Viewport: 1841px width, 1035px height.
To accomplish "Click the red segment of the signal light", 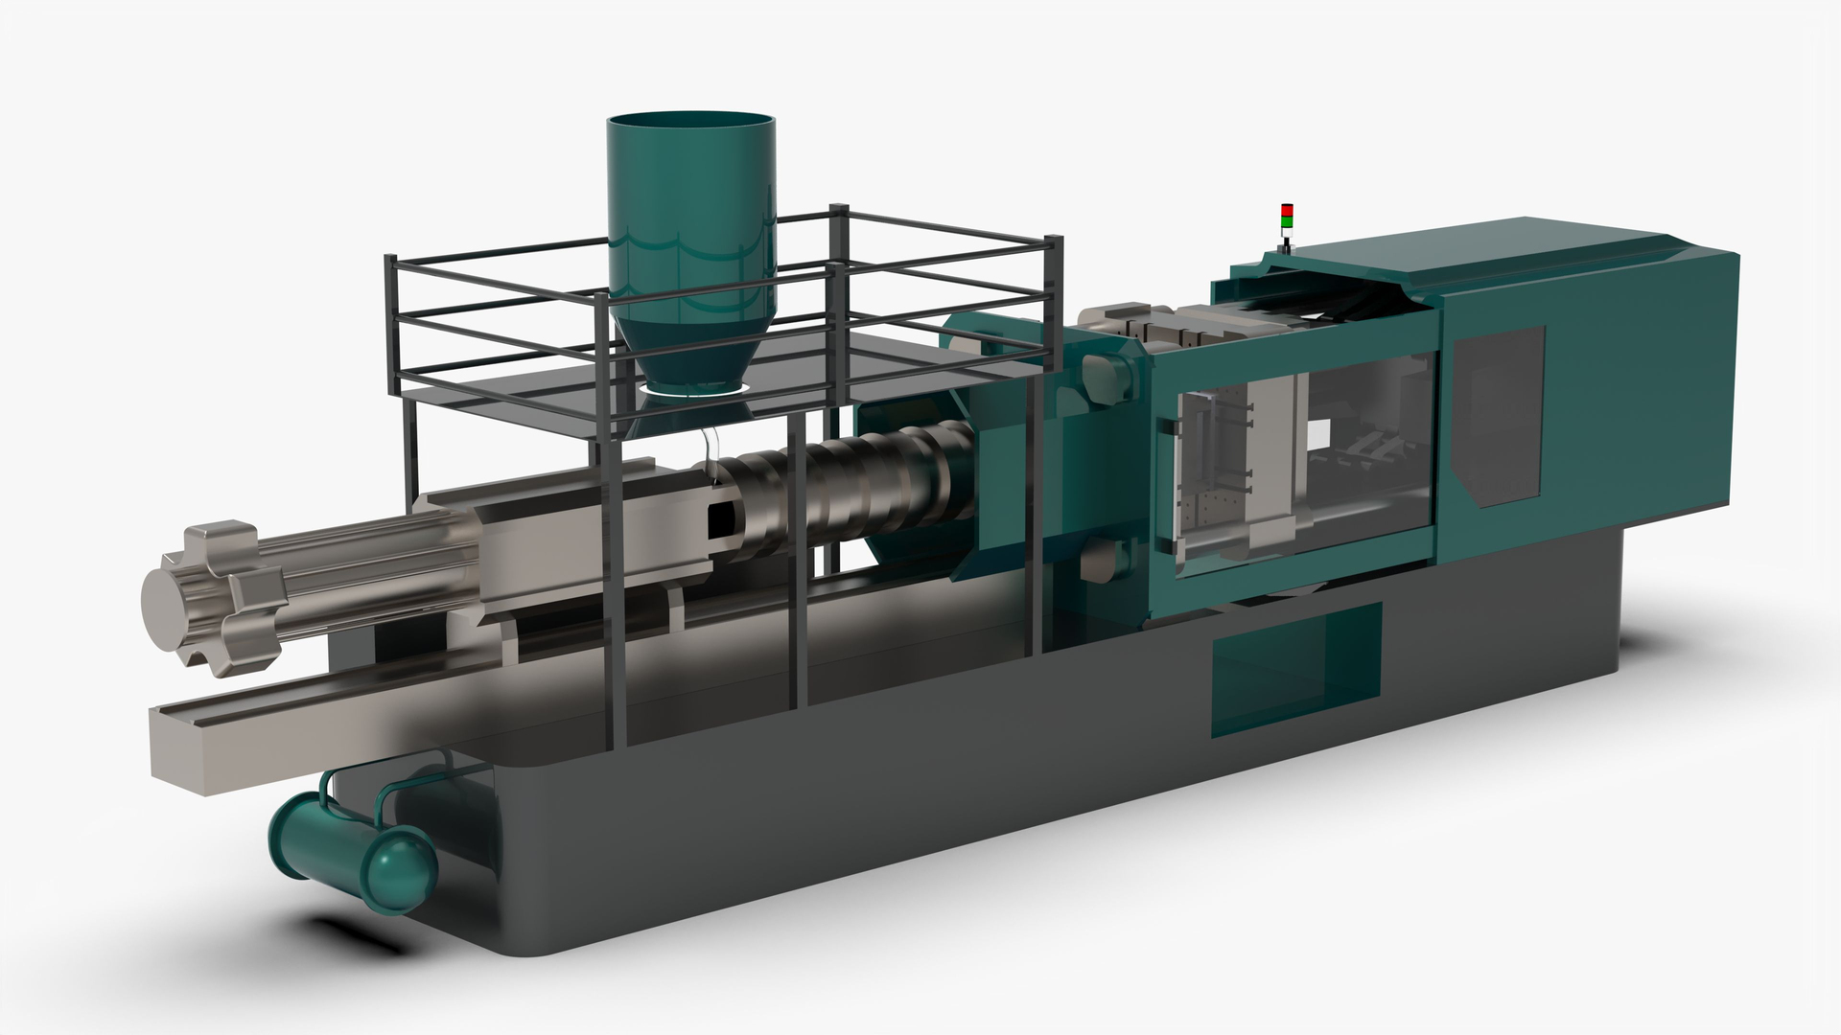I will point(1287,210).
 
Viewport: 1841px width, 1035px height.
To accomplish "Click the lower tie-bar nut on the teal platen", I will point(1103,560).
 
